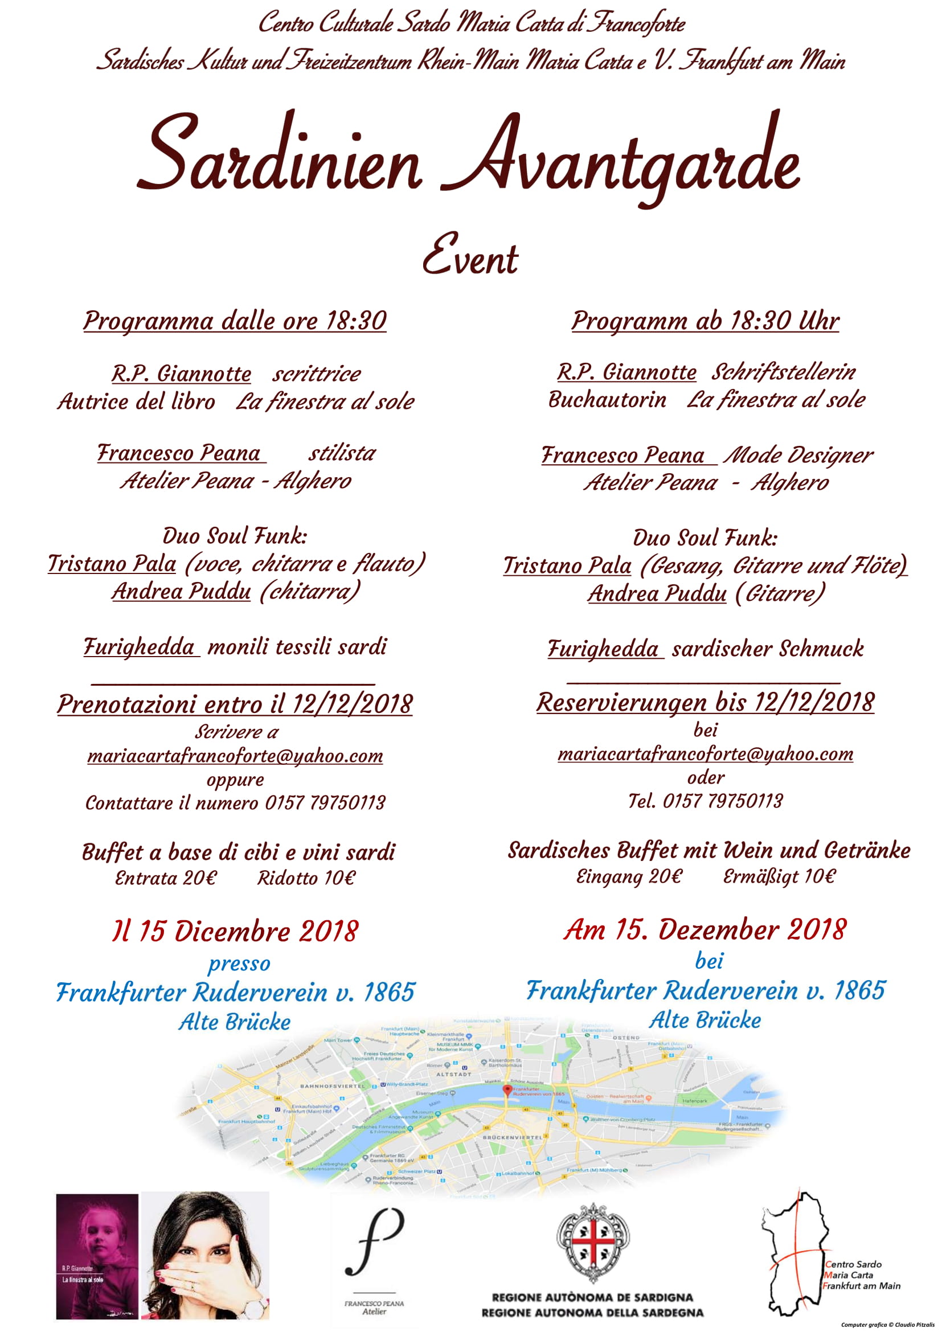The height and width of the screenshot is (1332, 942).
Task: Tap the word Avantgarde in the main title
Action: click(621, 159)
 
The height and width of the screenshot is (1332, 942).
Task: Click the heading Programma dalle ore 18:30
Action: click(235, 321)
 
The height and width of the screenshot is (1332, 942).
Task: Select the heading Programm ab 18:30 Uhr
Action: click(705, 321)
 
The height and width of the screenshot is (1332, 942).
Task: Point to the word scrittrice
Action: click(317, 374)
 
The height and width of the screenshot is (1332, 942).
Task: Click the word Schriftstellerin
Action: click(784, 372)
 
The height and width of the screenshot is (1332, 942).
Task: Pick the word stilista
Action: click(342, 453)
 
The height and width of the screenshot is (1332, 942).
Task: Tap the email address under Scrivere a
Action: click(235, 756)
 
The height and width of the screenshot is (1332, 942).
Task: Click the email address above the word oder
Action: click(705, 754)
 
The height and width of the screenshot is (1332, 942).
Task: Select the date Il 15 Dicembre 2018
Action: click(235, 932)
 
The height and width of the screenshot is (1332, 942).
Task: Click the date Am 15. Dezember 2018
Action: click(705, 930)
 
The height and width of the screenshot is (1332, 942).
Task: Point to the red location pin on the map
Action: click(507, 1090)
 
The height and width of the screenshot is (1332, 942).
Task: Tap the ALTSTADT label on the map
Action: click(453, 1075)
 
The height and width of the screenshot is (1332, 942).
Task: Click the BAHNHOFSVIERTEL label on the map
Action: click(333, 1085)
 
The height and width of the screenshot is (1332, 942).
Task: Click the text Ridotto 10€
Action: click(306, 878)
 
